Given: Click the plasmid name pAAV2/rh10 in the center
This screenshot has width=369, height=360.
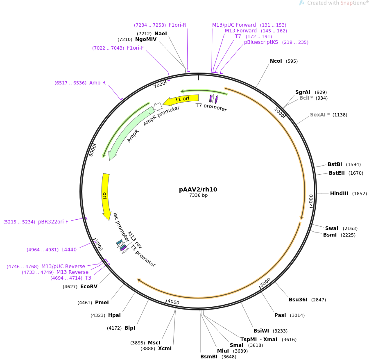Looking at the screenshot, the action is [198, 189].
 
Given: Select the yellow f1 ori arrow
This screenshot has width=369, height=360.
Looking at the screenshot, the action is [181, 99].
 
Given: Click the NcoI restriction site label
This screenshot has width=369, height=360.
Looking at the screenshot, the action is [276, 61].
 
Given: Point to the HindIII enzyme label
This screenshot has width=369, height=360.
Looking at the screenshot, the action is [339, 194].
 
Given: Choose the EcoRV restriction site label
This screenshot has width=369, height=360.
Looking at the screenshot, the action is [89, 287].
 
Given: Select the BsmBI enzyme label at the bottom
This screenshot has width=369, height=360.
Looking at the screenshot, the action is [209, 357].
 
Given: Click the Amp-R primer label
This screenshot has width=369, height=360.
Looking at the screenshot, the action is [97, 83].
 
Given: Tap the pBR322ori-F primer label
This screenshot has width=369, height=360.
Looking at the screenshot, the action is [53, 222].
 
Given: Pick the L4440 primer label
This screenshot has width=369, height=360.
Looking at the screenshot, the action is [69, 250].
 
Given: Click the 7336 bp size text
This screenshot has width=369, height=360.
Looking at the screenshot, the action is [198, 195].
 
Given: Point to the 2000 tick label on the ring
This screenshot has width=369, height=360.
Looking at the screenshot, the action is [311, 200].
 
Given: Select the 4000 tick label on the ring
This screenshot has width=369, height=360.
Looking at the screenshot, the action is [173, 302].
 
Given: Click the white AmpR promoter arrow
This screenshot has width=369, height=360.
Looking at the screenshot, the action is [158, 107].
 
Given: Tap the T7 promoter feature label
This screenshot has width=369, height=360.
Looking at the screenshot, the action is [211, 107].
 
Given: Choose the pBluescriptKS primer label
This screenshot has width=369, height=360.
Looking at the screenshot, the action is [261, 42].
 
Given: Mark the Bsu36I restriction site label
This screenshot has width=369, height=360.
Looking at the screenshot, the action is [298, 300].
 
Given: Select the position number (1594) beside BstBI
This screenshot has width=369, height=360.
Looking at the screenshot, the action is [353, 164].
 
